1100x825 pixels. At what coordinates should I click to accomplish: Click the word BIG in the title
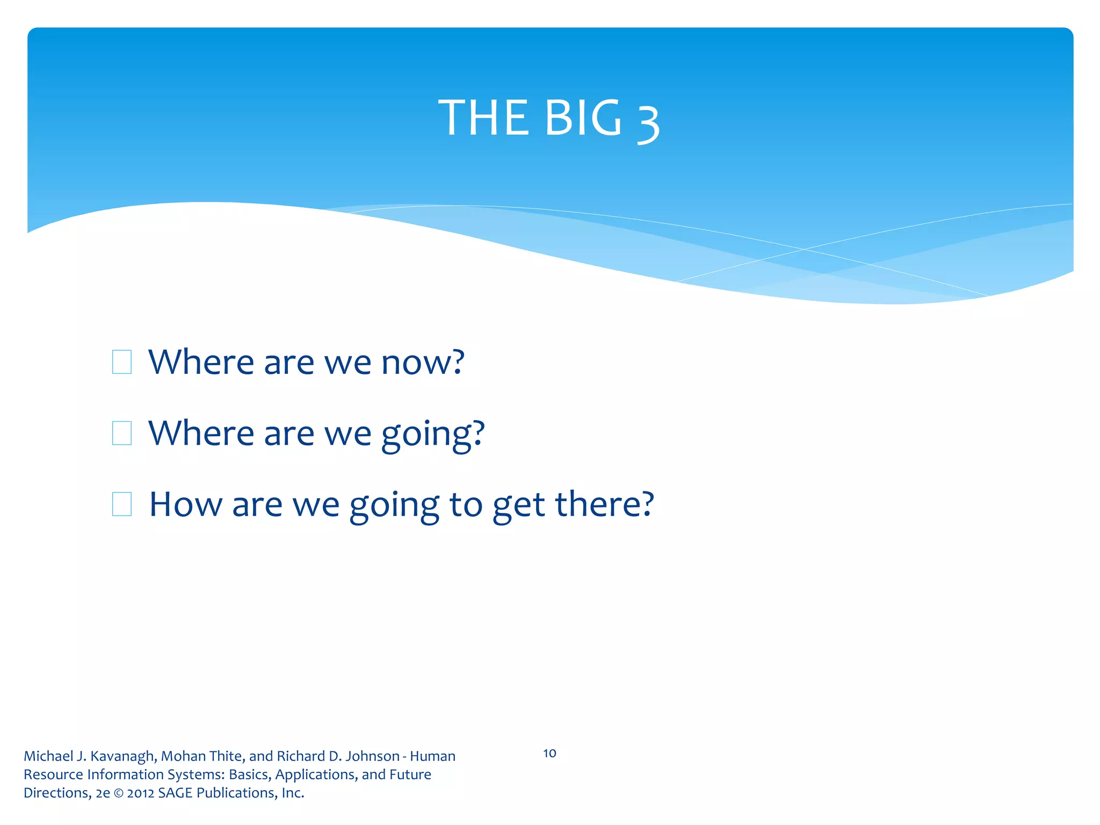(x=582, y=118)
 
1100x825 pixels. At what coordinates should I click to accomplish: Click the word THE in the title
(x=482, y=118)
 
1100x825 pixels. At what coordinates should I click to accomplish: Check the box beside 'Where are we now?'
(x=122, y=362)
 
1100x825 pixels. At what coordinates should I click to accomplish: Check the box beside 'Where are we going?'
(x=122, y=433)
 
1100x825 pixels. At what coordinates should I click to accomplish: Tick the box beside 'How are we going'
(x=122, y=504)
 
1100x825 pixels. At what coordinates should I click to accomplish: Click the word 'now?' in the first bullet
(x=422, y=362)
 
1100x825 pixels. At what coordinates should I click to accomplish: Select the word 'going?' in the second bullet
(x=433, y=434)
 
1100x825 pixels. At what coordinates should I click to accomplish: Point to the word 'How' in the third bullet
(x=185, y=504)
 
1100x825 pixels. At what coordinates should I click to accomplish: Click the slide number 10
(x=549, y=753)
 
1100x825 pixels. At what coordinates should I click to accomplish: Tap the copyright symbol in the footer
(x=118, y=793)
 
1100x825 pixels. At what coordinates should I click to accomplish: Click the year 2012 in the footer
(x=141, y=793)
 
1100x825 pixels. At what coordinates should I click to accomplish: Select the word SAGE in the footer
(x=175, y=793)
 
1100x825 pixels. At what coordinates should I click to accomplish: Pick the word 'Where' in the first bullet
(x=201, y=362)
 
